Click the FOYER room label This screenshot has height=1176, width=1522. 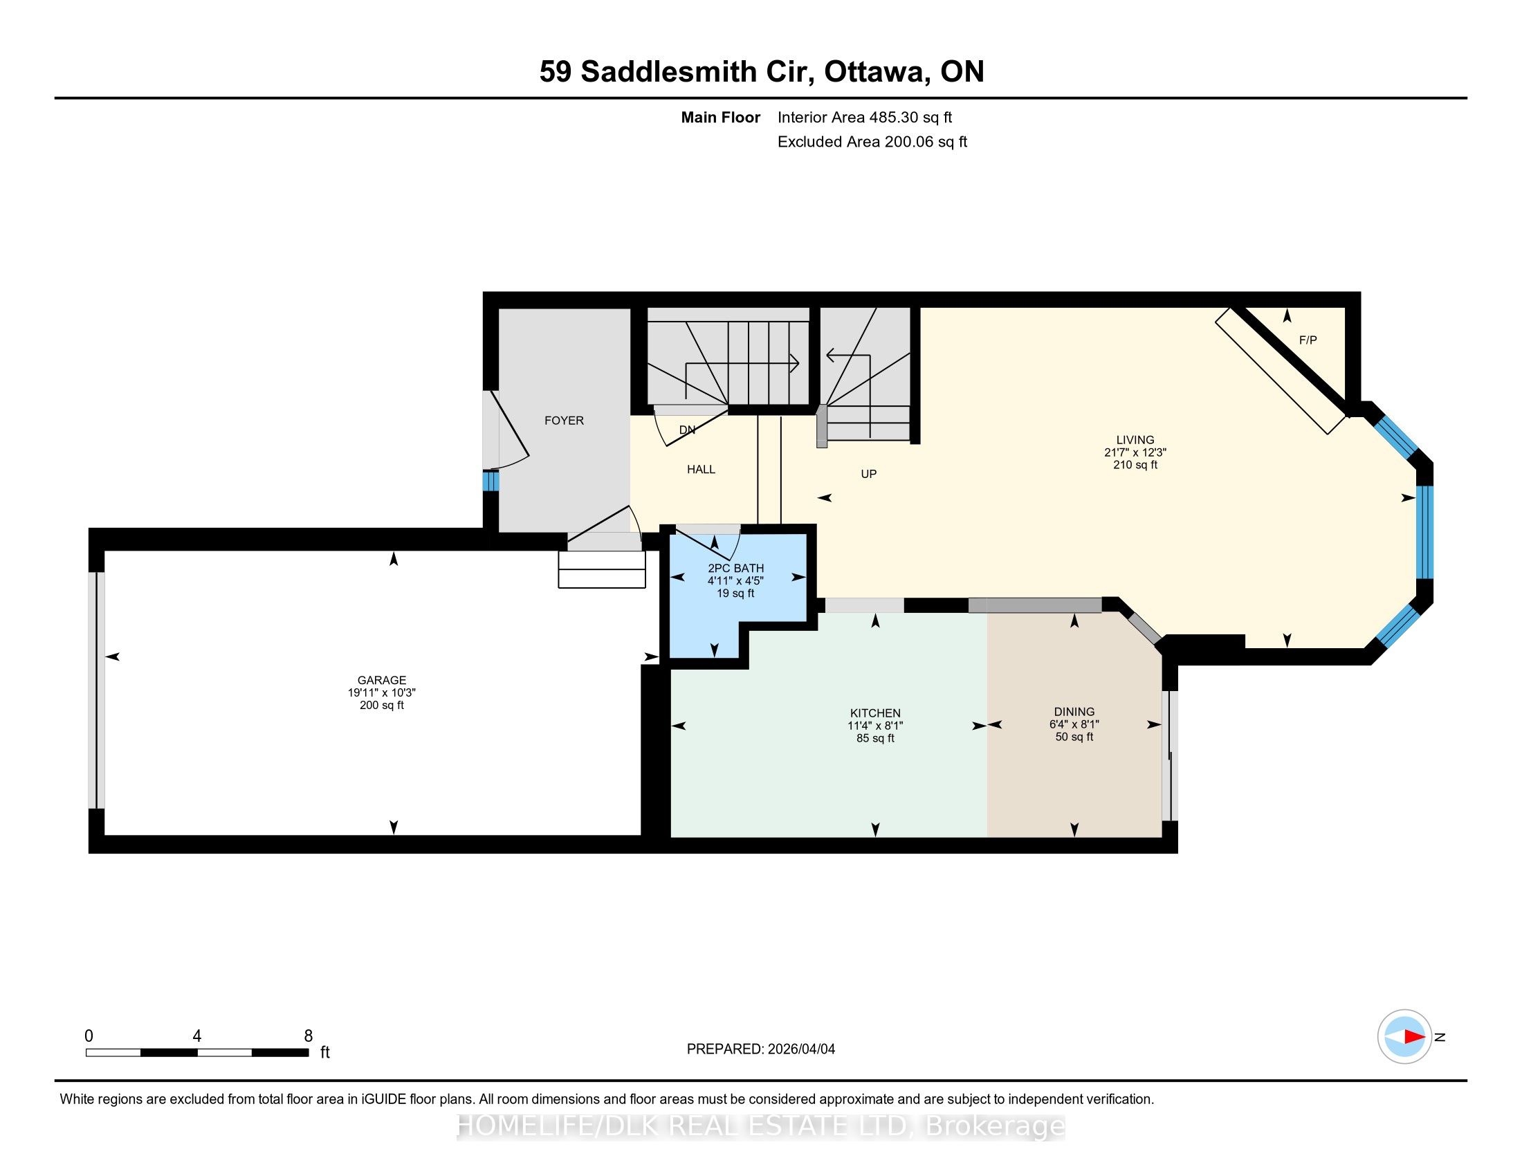click(x=564, y=420)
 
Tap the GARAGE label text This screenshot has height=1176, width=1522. click(x=382, y=680)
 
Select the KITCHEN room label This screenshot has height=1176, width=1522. click(x=875, y=713)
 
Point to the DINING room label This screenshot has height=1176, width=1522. click(x=1074, y=711)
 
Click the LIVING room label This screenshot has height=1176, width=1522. click(x=1135, y=439)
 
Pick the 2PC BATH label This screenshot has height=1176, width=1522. click(x=736, y=568)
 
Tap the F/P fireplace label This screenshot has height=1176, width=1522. click(x=1308, y=340)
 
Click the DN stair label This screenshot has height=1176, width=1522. click(x=687, y=430)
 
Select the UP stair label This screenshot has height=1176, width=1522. click(x=868, y=474)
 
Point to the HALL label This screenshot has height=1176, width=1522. click(x=701, y=469)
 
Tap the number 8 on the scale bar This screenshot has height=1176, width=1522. click(x=308, y=1036)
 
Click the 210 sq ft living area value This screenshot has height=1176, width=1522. click(x=1135, y=465)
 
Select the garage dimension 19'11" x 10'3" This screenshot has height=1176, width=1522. click(x=382, y=692)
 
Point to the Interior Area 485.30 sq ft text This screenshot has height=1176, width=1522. click(x=865, y=118)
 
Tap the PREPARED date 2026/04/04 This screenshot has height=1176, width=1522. click(x=800, y=1049)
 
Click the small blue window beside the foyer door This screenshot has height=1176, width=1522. click(x=490, y=481)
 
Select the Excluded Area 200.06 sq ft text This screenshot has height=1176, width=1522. click(x=872, y=142)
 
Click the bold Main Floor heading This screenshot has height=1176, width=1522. click(x=721, y=118)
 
